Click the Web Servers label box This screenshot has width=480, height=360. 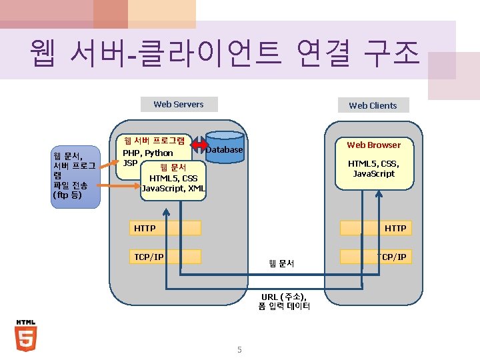click(x=178, y=104)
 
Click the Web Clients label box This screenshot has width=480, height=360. click(x=373, y=105)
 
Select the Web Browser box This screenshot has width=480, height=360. click(x=373, y=145)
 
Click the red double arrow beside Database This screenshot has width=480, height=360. click(x=200, y=145)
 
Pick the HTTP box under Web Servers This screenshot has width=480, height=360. click(x=167, y=228)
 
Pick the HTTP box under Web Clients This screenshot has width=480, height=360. click(x=373, y=228)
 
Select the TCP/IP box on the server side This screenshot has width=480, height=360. click(x=167, y=257)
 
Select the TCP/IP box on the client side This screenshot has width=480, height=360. click(x=373, y=257)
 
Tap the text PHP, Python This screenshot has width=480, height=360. click(x=147, y=153)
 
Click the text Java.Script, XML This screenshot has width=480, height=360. click(x=174, y=189)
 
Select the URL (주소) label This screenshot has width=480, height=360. click(x=284, y=297)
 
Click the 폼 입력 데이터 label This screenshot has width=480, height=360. click(x=284, y=307)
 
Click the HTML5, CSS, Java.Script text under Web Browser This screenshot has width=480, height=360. click(x=373, y=168)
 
